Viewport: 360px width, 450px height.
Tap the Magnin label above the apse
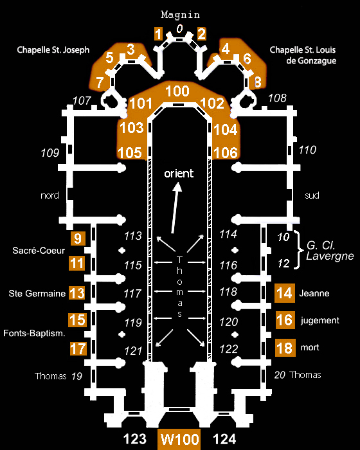(x=180, y=15)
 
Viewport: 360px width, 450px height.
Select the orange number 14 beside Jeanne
(x=285, y=293)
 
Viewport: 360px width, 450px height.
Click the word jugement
(x=319, y=321)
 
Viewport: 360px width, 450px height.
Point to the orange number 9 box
(x=78, y=239)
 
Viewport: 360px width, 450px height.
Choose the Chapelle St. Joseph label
(x=53, y=50)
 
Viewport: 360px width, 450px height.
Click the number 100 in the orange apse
(x=177, y=91)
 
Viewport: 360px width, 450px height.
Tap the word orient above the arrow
(x=179, y=174)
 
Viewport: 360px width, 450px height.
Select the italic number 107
(x=82, y=101)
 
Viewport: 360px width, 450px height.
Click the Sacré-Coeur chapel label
(x=39, y=251)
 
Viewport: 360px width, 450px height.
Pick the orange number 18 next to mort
(x=285, y=348)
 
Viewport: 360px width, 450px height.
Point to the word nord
(x=50, y=195)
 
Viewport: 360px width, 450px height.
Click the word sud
(x=312, y=195)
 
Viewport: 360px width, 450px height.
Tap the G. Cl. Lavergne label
(x=330, y=251)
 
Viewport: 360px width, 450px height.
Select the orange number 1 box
(x=158, y=34)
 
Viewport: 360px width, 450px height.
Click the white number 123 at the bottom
(x=135, y=439)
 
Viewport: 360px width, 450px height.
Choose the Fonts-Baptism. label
(x=34, y=333)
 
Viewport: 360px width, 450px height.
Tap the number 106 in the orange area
(x=226, y=152)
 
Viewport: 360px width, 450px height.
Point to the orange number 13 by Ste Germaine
(x=77, y=293)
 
